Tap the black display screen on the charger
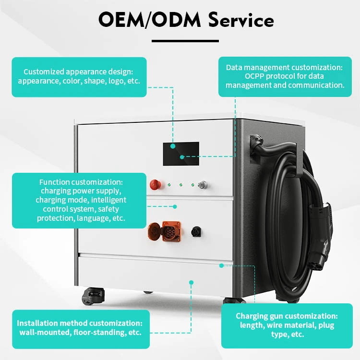pos(181,154)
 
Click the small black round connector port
pos(196,230)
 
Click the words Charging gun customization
pos(287,316)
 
